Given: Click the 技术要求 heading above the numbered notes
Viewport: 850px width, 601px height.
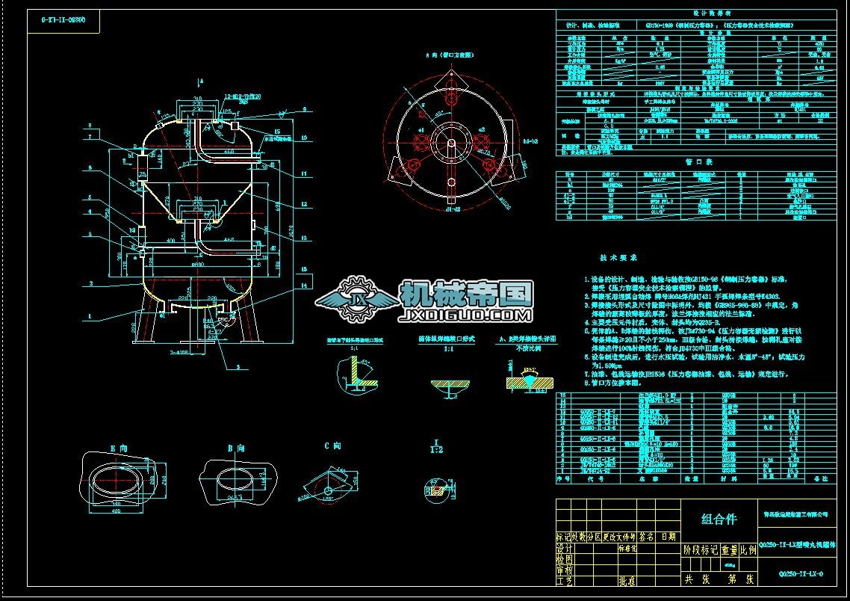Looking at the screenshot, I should [619, 257].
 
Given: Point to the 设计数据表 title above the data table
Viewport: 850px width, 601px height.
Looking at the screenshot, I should [695, 14].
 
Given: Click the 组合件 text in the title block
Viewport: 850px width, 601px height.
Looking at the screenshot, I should [718, 519].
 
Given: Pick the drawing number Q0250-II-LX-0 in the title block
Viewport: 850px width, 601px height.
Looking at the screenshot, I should [801, 574].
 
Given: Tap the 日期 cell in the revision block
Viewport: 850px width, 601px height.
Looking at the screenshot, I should [667, 536].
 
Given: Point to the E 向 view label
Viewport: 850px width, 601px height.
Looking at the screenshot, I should [118, 448].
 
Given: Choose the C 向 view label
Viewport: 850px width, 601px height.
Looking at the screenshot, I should [332, 446].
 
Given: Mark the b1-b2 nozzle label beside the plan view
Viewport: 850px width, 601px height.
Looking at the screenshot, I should [531, 141].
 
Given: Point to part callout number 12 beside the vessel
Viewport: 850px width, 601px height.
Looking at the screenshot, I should [304, 204].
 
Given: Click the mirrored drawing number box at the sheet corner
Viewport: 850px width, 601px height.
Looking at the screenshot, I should [63, 20].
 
